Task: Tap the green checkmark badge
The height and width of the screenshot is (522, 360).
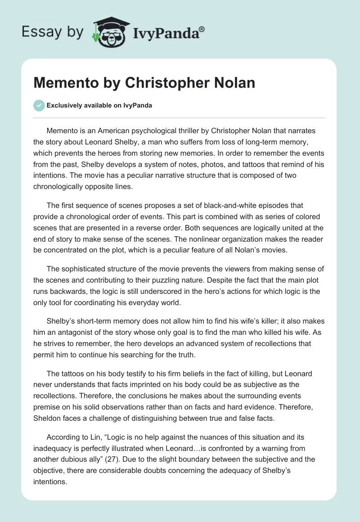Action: pyautogui.click(x=39, y=105)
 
